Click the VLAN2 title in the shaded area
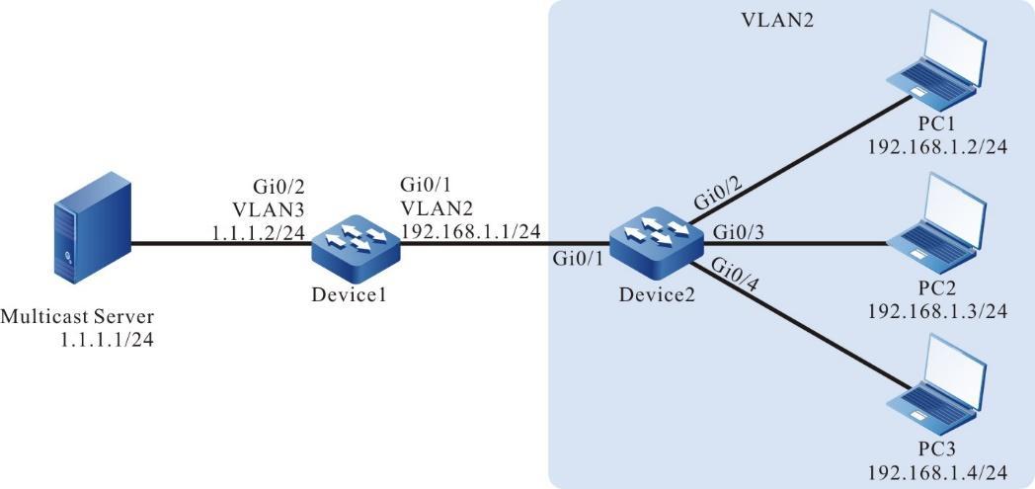777,21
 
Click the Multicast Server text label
78,317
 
